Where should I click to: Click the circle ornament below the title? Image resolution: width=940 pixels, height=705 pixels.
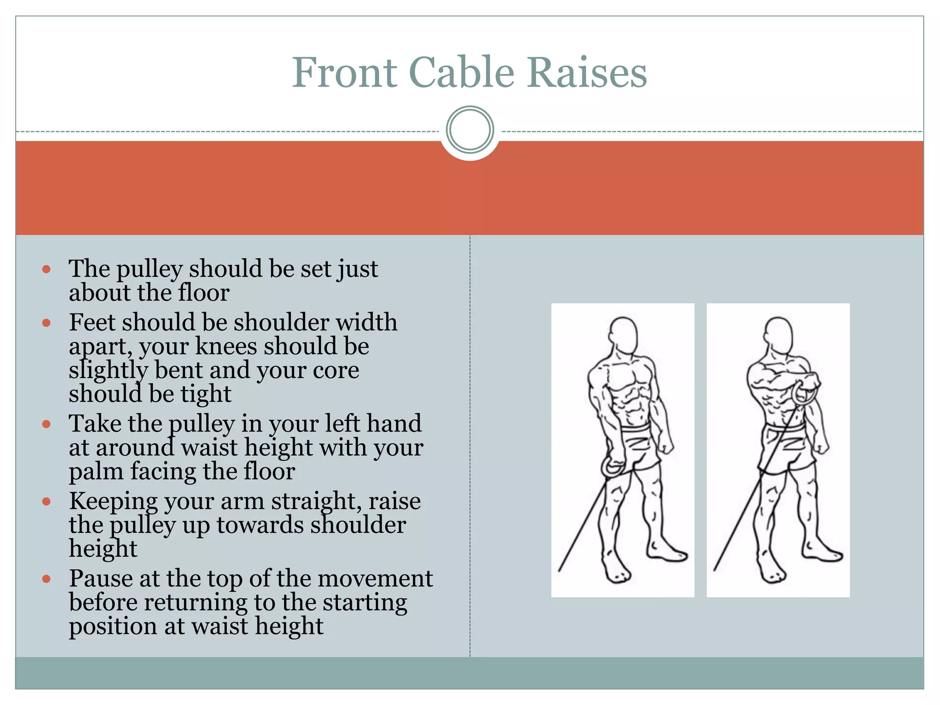[x=470, y=129]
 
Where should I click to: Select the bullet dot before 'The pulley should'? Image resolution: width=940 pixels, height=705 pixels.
[x=46, y=269]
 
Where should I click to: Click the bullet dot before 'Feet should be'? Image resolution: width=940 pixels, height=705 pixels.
[x=46, y=323]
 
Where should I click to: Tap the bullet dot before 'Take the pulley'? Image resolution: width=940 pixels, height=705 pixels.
[x=46, y=424]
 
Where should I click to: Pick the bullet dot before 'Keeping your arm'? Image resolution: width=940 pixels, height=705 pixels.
[x=46, y=502]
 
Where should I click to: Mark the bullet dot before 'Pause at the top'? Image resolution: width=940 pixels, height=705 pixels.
[x=46, y=579]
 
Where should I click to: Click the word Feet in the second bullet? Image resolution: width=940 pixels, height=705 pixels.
[x=92, y=322]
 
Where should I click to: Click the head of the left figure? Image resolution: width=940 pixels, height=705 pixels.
[x=623, y=334]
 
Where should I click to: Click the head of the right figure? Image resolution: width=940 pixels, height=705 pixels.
[x=778, y=334]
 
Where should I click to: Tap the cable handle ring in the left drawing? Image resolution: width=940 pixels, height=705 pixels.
[x=612, y=468]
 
